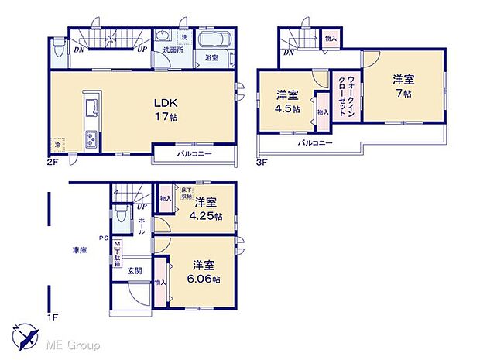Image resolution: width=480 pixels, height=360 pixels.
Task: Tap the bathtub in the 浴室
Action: point(211,40)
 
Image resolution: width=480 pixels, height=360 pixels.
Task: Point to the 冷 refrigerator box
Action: point(57,144)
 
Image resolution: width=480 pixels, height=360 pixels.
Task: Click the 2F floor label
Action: point(51,163)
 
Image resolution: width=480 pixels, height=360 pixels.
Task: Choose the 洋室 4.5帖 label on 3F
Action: point(286,101)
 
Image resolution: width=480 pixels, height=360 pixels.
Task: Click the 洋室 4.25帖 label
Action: point(207,209)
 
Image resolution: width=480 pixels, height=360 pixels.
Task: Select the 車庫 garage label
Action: point(79,249)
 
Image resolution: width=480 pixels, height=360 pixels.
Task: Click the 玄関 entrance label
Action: point(135,269)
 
